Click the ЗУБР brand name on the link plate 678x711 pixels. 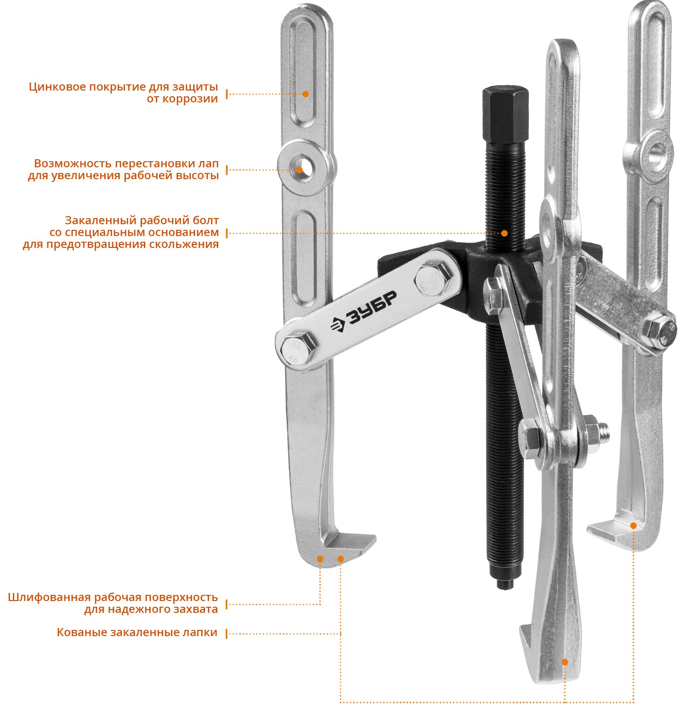click(363, 314)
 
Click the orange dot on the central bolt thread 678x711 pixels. click(504, 233)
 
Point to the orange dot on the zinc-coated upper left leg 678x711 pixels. click(305, 94)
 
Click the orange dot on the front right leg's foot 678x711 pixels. click(564, 662)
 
